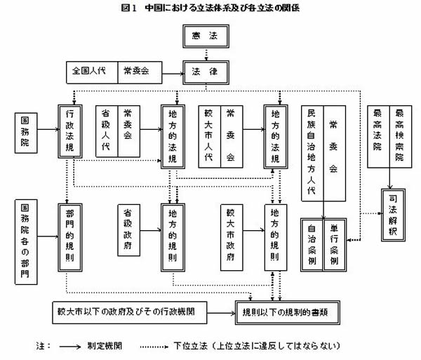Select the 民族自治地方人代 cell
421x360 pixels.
coord(312,155)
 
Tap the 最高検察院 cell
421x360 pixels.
coord(399,134)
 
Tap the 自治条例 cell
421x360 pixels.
coord(312,246)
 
